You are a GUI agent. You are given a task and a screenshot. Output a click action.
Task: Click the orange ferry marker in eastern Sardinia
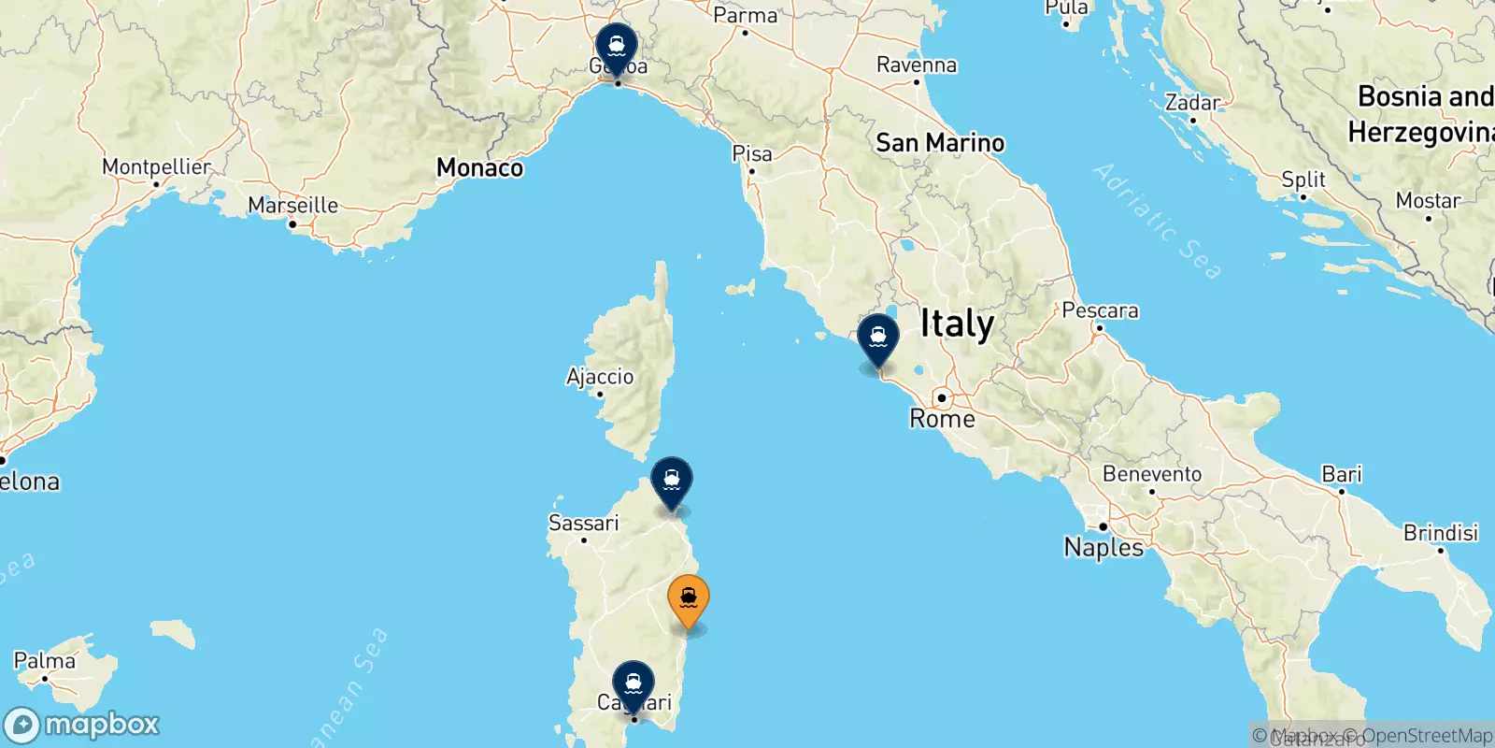689,598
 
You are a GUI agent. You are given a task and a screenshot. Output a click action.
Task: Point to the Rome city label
942,418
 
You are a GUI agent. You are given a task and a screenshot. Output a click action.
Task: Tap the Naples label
1103,547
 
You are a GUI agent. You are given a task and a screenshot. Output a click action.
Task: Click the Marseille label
292,205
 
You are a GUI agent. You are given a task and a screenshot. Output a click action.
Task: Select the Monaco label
479,167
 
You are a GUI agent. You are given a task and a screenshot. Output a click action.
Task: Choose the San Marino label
940,143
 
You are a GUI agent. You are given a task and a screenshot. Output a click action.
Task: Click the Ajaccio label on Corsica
600,377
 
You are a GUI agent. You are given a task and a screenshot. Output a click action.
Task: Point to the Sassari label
583,523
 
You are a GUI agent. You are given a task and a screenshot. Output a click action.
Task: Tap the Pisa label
752,153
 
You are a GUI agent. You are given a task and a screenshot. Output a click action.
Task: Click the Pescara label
1100,310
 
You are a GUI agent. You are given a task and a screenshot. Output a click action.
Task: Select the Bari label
1342,474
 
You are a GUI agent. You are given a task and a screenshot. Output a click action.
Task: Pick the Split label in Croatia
1303,179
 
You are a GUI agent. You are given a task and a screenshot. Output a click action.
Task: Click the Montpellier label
156,166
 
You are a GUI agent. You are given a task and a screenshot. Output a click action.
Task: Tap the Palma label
44,661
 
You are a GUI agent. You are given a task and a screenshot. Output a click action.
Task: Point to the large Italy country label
957,324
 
